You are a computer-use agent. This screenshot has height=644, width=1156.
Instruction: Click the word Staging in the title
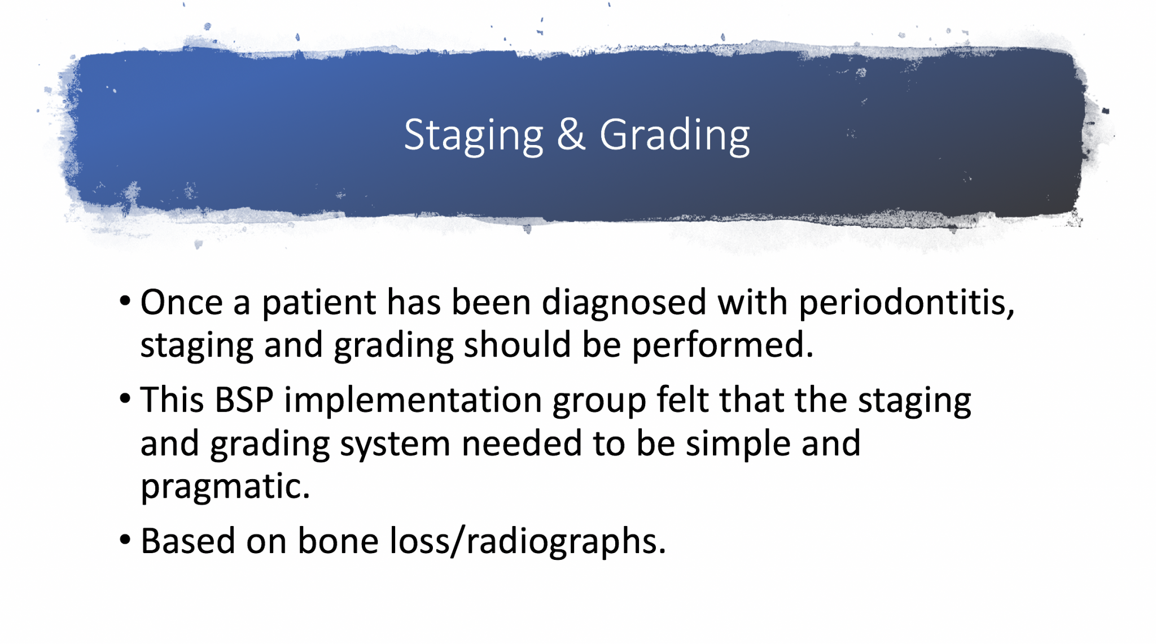tap(474, 135)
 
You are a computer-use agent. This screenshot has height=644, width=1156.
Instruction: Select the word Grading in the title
tap(675, 135)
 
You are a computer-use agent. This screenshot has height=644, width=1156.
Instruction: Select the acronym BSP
tap(244, 400)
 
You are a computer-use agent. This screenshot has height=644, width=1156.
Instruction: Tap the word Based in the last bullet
tap(188, 541)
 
